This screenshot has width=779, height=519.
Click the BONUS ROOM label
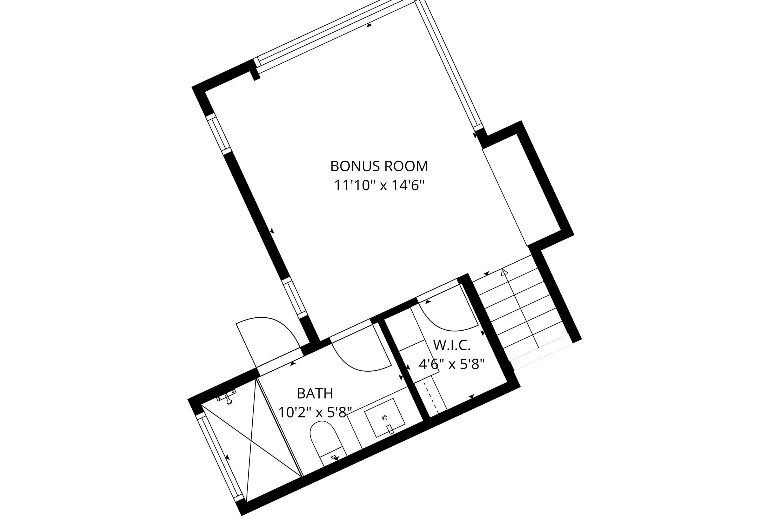(379, 166)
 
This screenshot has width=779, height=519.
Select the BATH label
(315, 394)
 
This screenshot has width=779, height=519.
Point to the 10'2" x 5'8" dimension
(315, 413)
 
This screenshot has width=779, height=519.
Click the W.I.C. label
(452, 346)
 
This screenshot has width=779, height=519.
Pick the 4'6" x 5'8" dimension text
(452, 364)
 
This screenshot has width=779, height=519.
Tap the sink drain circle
(385, 418)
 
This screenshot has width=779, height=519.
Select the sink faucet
(391, 429)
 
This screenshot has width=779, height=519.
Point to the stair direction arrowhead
(504, 272)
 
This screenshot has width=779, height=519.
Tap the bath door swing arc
(361, 358)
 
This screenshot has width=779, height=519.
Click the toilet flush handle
(334, 458)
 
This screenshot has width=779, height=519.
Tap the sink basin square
(385, 418)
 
